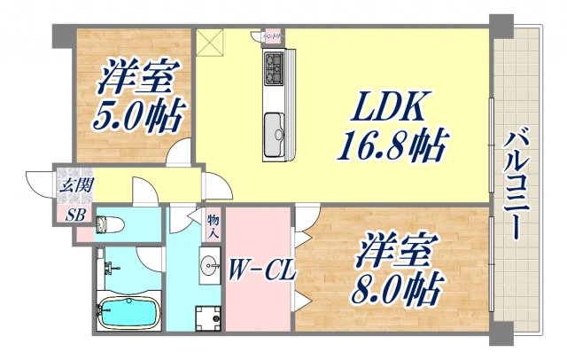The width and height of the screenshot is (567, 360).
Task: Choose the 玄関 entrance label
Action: (x=73, y=186)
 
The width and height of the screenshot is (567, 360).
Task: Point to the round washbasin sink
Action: (x=209, y=263)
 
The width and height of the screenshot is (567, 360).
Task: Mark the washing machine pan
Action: (x=209, y=317)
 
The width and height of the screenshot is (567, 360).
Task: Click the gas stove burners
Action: (x=272, y=66)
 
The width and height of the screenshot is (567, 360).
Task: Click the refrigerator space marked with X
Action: (x=211, y=42)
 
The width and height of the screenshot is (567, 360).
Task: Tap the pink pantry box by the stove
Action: (x=269, y=36)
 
